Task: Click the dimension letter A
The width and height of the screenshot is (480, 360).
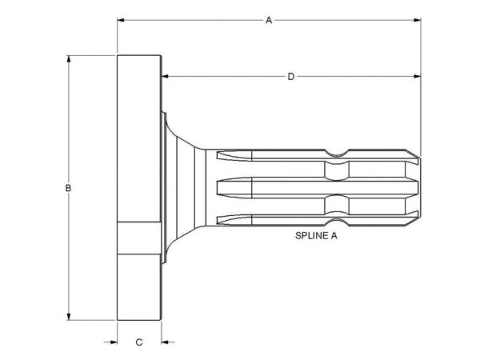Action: [x=269, y=21]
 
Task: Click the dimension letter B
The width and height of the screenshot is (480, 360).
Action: [x=68, y=188]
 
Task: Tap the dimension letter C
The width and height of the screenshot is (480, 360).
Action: [x=139, y=342]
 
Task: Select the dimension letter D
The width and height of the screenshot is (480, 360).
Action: [x=291, y=77]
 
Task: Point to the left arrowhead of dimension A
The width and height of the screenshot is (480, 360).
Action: [x=121, y=20]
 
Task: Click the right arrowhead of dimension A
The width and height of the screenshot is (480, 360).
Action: [x=417, y=20]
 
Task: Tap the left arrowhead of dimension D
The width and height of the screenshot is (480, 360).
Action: [x=165, y=76]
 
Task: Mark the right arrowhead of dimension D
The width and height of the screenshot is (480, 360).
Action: [x=417, y=76]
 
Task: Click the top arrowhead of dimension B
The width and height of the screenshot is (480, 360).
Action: [x=69, y=58]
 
